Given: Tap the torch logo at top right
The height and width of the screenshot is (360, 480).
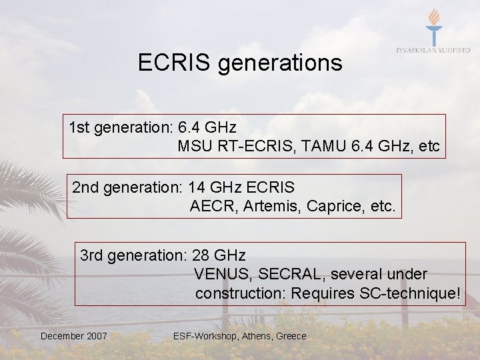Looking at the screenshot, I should [433, 26].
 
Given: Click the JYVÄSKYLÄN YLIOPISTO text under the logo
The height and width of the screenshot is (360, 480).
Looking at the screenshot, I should [433, 50].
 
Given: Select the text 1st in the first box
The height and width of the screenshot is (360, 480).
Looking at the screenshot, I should [80, 127].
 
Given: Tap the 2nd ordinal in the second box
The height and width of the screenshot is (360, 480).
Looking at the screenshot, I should [85, 187].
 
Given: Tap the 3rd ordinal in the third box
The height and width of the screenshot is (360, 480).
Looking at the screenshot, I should [92, 255].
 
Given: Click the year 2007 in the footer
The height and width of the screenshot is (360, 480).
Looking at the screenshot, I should [95, 336].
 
